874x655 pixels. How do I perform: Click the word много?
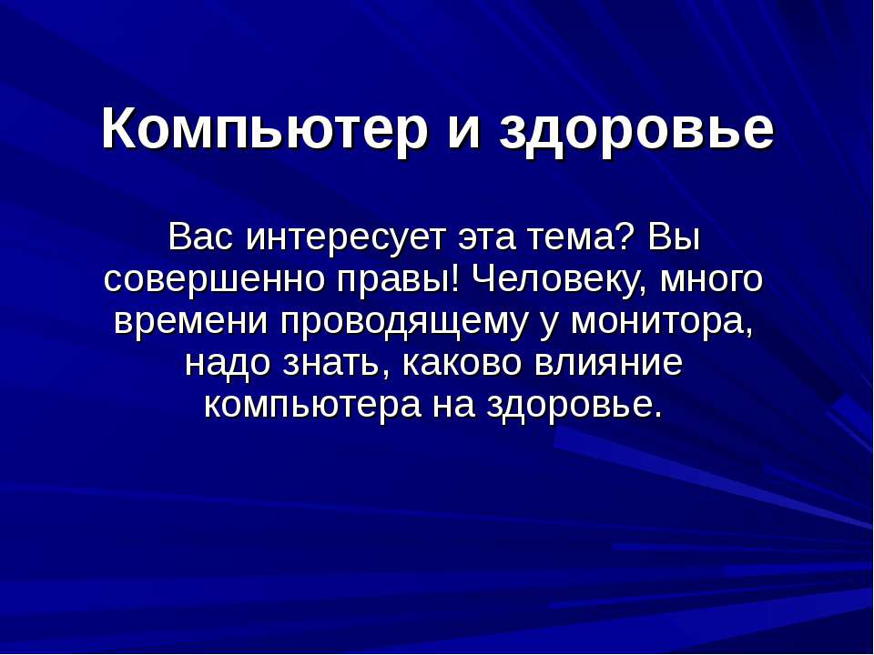tap(710, 280)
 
